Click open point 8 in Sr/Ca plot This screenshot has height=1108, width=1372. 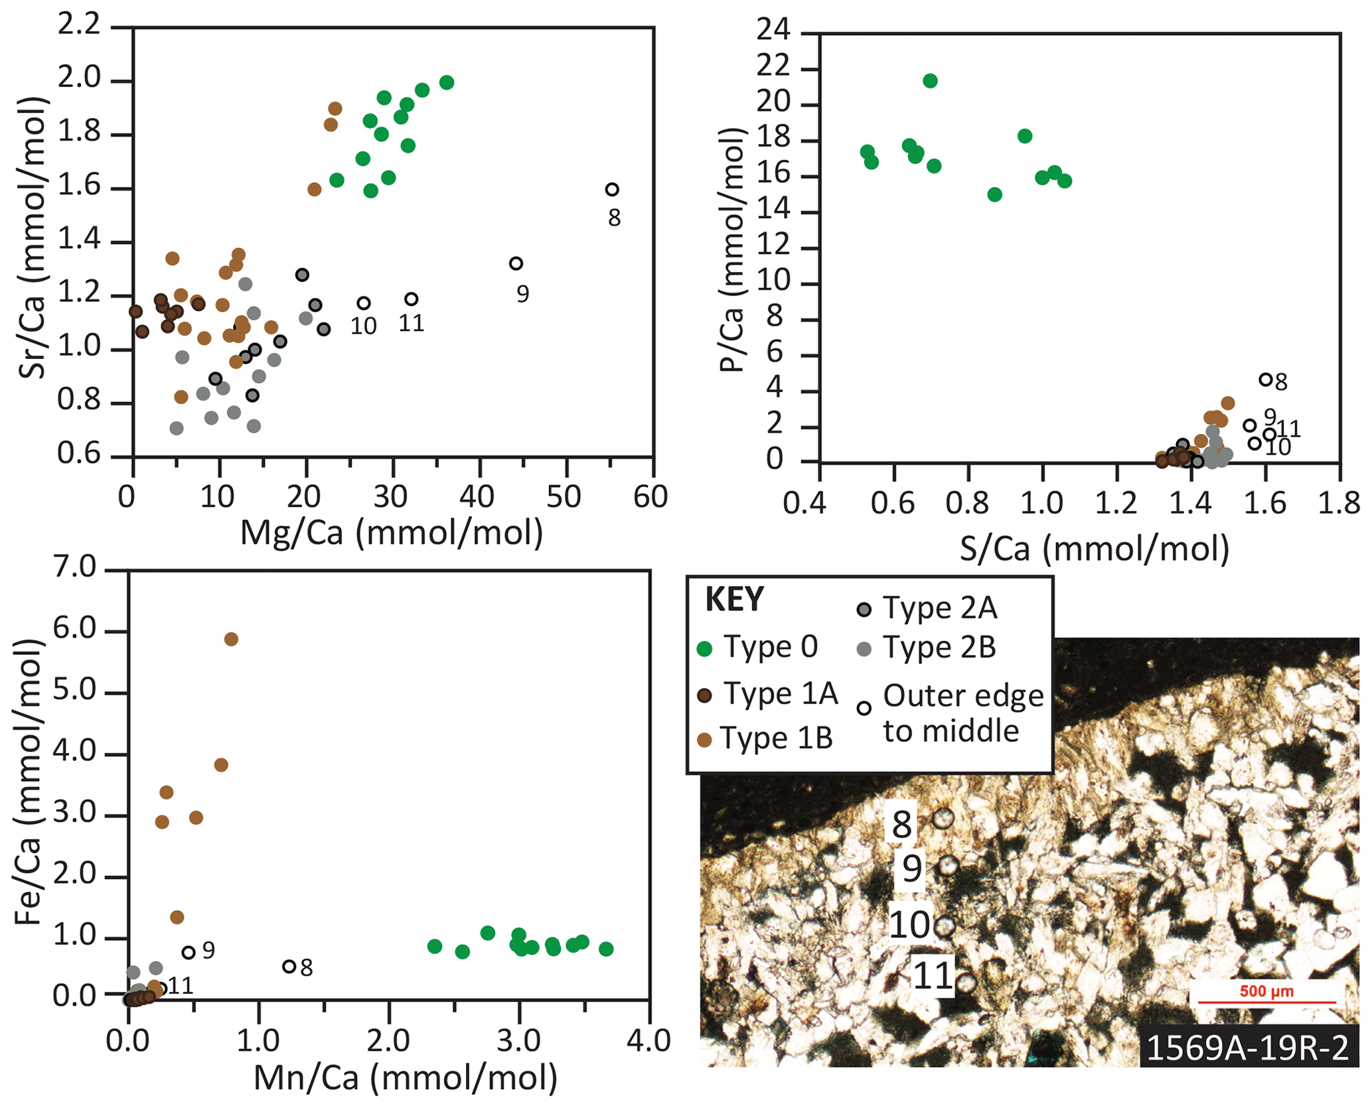coord(611,190)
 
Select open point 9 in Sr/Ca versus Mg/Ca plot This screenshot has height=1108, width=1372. coord(516,263)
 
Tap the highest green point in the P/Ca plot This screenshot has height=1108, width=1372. coord(930,81)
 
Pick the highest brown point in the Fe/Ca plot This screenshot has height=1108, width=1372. coord(231,639)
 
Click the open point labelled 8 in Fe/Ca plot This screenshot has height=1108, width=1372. coord(289,967)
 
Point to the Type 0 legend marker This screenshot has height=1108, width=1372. coord(706,649)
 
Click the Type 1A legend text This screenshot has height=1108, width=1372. coord(781,694)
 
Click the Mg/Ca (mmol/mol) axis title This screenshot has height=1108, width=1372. coord(392,533)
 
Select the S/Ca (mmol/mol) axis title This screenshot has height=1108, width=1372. coord(1095,549)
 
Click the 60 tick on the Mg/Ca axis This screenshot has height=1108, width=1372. coord(650,497)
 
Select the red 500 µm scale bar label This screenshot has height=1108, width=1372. coord(1266,991)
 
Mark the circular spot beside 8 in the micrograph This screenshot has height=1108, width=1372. coord(943,818)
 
